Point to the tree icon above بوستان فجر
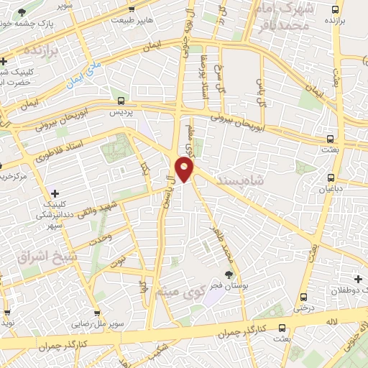coord(229,274)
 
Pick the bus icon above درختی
coord(303,297)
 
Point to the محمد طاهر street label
coord(218,242)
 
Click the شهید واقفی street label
coord(135,207)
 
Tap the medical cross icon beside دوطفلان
coord(357,279)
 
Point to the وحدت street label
coord(100,239)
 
